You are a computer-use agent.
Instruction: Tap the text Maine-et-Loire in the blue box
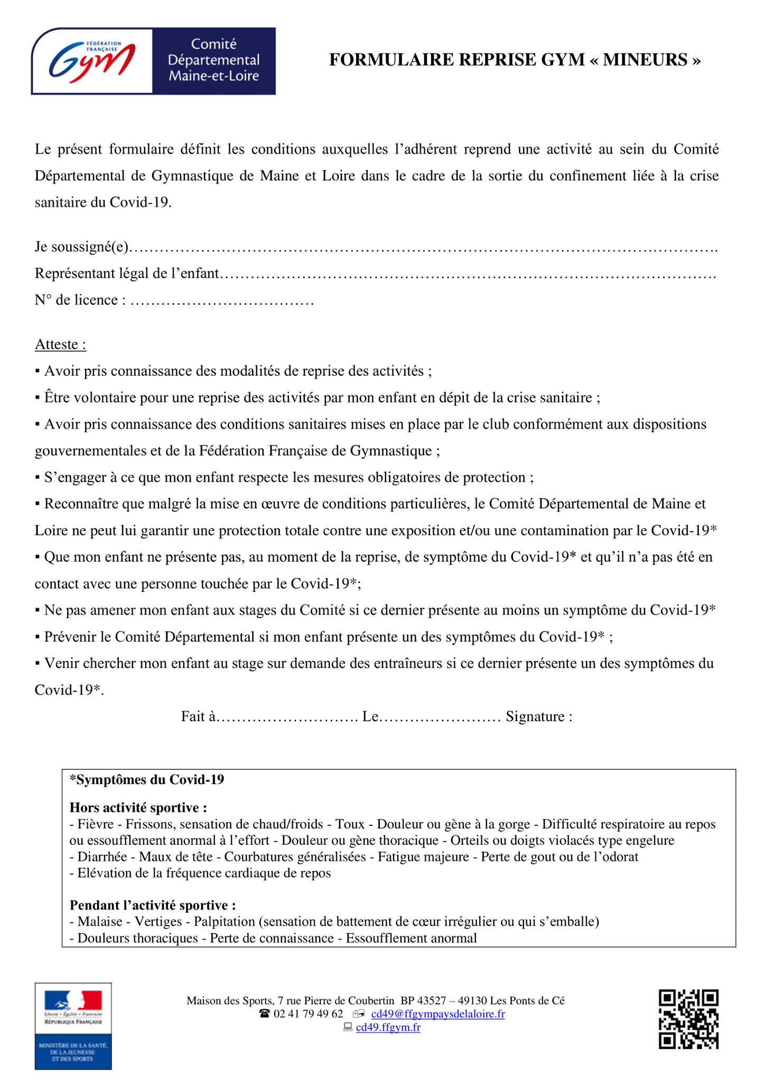point(213,76)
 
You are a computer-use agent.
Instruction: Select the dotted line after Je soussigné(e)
point(423,247)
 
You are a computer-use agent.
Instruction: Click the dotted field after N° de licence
point(222,301)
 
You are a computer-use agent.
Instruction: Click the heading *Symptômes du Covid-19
point(147,780)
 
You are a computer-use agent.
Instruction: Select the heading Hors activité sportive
point(138,807)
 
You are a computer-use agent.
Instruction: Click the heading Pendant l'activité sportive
point(153,905)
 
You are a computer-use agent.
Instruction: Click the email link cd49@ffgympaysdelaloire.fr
point(437,1014)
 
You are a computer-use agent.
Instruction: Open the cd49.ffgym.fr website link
point(388,1028)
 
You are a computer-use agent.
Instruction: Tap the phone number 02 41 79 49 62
point(308,1014)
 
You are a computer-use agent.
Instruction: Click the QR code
point(688,1019)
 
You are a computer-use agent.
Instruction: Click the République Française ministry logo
point(73,1025)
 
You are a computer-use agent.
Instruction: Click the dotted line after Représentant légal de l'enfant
point(468,274)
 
